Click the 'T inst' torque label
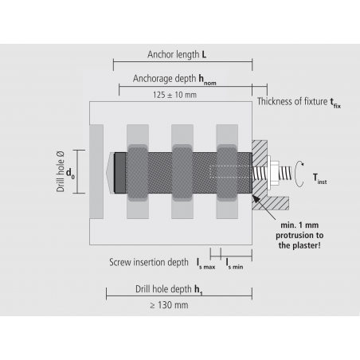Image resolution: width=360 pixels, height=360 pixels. [319, 179]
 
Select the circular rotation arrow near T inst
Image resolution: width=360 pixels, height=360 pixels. [299, 172]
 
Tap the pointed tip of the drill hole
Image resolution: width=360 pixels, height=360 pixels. [109, 170]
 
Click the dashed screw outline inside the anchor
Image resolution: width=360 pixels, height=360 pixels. [231, 171]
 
